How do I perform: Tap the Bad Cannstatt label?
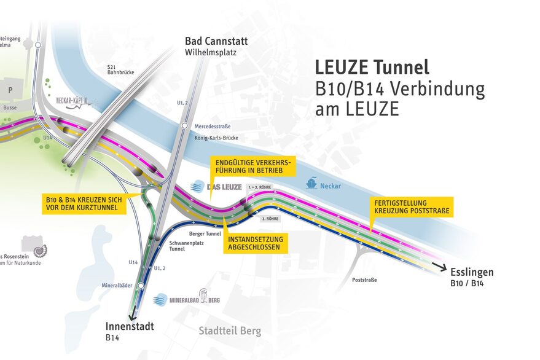click(x=216, y=42)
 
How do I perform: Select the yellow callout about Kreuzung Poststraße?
click(x=413, y=206)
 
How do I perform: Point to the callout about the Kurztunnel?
click(x=84, y=204)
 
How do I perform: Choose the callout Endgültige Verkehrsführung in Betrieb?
click(x=252, y=166)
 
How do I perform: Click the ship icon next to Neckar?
click(x=313, y=183)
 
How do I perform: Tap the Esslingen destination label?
click(x=471, y=272)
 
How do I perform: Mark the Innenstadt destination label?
click(x=129, y=326)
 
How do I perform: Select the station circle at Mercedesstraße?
click(x=184, y=126)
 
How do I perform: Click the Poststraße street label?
click(x=364, y=280)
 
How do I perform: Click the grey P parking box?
click(x=10, y=88)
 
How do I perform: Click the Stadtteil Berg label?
click(x=229, y=331)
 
